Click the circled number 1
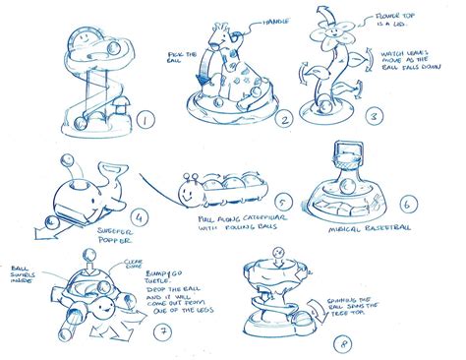(x=146, y=122)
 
